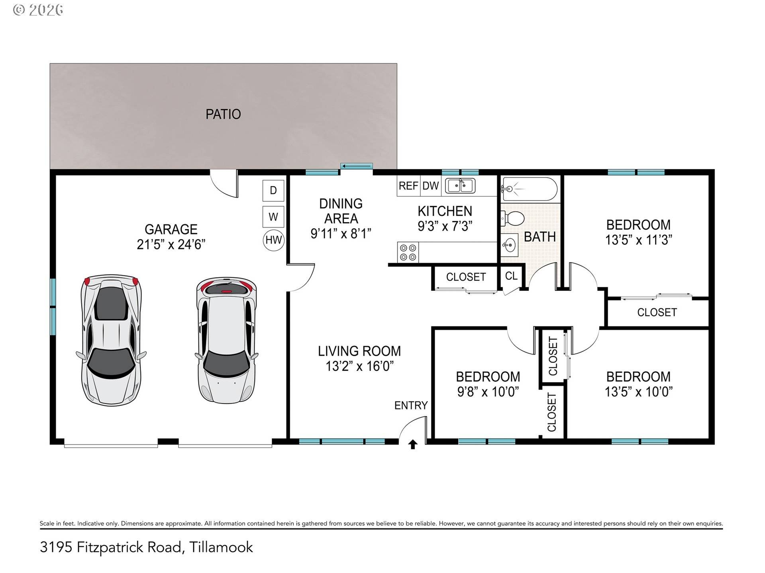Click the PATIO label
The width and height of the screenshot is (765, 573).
click(223, 114)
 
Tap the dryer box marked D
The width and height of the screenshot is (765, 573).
click(273, 190)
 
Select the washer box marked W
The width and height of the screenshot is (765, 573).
click(273, 217)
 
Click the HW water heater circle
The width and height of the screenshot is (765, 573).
click(273, 240)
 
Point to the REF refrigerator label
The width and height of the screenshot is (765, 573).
click(408, 186)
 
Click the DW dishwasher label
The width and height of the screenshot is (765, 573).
click(430, 186)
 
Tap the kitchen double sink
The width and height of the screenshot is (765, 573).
click(460, 186)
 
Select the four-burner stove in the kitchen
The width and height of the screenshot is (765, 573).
click(408, 252)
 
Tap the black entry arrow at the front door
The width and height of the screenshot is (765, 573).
click(413, 444)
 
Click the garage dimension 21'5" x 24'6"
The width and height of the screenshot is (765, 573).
click(171, 244)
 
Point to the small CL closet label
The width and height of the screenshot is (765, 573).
click(511, 276)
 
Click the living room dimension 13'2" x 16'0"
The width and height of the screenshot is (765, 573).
click(359, 366)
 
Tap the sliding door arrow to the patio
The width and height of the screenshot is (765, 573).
click(356, 166)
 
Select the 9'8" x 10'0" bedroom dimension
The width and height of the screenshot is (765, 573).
click(488, 392)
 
